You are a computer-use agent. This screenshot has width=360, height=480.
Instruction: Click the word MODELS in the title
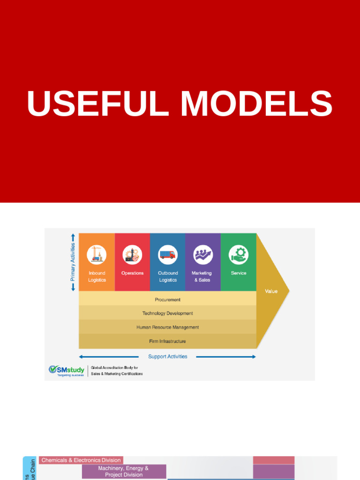coord(256,104)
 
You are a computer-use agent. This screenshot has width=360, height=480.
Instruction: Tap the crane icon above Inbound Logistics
coord(97,255)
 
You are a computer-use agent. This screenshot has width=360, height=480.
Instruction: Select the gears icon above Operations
coord(132,255)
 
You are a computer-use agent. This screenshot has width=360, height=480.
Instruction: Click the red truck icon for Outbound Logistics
coord(167,255)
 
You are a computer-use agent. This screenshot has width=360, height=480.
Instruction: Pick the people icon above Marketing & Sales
coord(203,255)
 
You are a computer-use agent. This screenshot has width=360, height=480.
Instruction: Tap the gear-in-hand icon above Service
coord(239,255)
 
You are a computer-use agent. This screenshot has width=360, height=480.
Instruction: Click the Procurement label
coord(167,300)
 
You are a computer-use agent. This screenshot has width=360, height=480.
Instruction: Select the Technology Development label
coord(167,313)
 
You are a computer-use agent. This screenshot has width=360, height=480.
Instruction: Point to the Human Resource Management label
coord(167,327)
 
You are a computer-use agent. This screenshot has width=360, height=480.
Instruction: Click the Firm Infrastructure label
coord(167,341)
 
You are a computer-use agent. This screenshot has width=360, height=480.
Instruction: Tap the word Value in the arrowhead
coord(271,291)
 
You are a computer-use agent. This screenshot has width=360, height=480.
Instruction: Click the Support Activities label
coord(167,357)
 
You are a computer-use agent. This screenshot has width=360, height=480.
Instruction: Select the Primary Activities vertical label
coord(73,262)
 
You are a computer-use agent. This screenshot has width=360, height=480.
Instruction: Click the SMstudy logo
coord(67,370)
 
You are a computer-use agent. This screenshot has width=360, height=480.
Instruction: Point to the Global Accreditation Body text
coord(117,371)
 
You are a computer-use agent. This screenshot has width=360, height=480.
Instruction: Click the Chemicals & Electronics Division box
coord(81,460)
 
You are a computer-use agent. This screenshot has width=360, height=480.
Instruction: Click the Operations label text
coord(132,273)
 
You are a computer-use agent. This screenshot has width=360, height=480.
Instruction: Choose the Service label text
coord(239,273)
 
